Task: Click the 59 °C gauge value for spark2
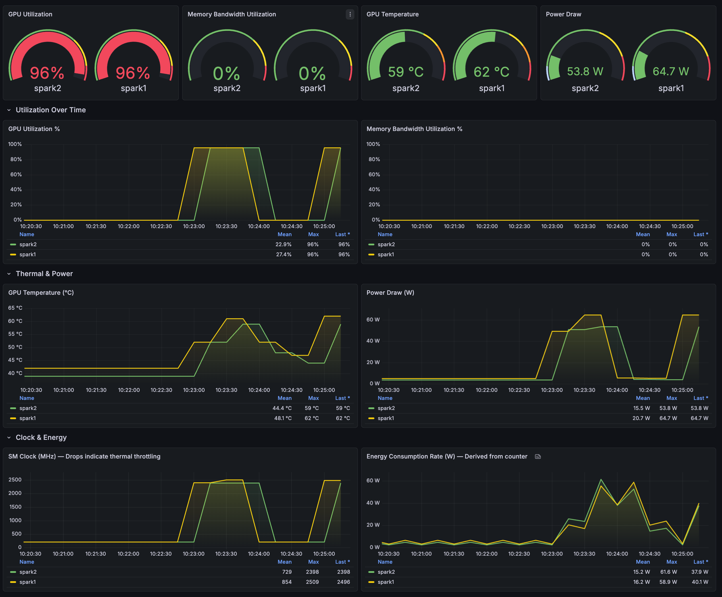(x=406, y=72)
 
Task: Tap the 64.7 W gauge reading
(x=671, y=72)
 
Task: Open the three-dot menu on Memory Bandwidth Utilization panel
(x=350, y=14)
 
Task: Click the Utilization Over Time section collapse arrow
(x=9, y=110)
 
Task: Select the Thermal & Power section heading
(x=44, y=274)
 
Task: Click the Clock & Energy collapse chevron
(x=9, y=438)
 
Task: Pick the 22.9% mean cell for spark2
(x=283, y=244)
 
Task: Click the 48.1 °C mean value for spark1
(x=283, y=418)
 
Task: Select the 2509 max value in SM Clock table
(x=312, y=582)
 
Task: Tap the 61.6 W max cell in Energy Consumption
(x=668, y=572)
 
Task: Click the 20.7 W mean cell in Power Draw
(x=641, y=418)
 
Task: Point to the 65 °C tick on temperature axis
(x=15, y=308)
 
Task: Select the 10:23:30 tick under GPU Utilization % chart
(x=226, y=226)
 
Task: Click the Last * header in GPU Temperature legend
(x=342, y=398)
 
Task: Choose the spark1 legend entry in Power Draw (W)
(x=386, y=418)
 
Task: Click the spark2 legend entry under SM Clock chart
(x=28, y=572)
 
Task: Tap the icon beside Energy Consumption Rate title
(x=538, y=457)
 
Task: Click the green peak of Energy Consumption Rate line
(x=601, y=479)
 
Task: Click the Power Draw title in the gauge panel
(x=563, y=14)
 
